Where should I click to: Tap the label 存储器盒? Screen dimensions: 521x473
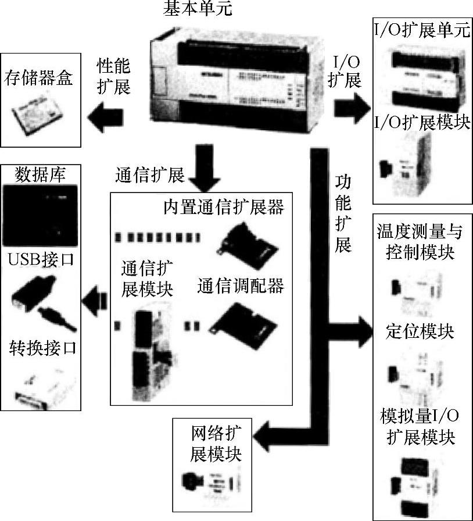(40, 78)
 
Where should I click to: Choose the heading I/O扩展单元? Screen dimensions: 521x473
(421, 30)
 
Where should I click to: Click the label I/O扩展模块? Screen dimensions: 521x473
(421, 123)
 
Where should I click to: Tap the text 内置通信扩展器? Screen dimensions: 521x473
(223, 207)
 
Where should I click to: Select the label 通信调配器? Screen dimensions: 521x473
(240, 286)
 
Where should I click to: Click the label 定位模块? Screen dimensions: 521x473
(420, 331)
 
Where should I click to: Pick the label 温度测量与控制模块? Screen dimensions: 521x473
(420, 242)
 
